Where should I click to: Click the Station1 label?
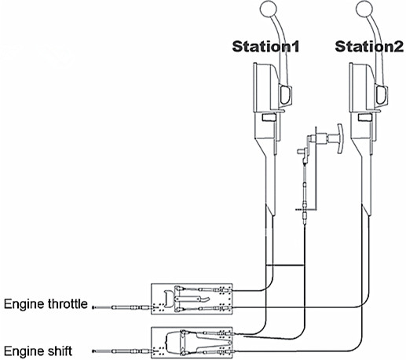[x=265, y=46]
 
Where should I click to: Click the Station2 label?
[x=369, y=46]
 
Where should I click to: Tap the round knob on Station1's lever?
[x=269, y=9]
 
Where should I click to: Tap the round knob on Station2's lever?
[x=364, y=9]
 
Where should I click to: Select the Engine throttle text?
[x=46, y=304]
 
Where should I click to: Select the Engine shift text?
[x=38, y=351]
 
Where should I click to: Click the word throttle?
[x=68, y=304]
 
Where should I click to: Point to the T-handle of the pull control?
[x=339, y=139]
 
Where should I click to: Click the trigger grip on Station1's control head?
[x=285, y=95]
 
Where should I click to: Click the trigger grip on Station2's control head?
[x=382, y=95]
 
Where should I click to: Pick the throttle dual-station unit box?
[x=192, y=299]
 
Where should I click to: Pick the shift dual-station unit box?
[x=192, y=343]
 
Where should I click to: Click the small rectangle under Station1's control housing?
[x=269, y=117]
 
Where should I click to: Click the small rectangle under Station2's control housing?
[x=364, y=117]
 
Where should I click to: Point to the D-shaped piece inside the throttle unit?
[x=168, y=298]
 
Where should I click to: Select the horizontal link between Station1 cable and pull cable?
[x=285, y=266]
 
